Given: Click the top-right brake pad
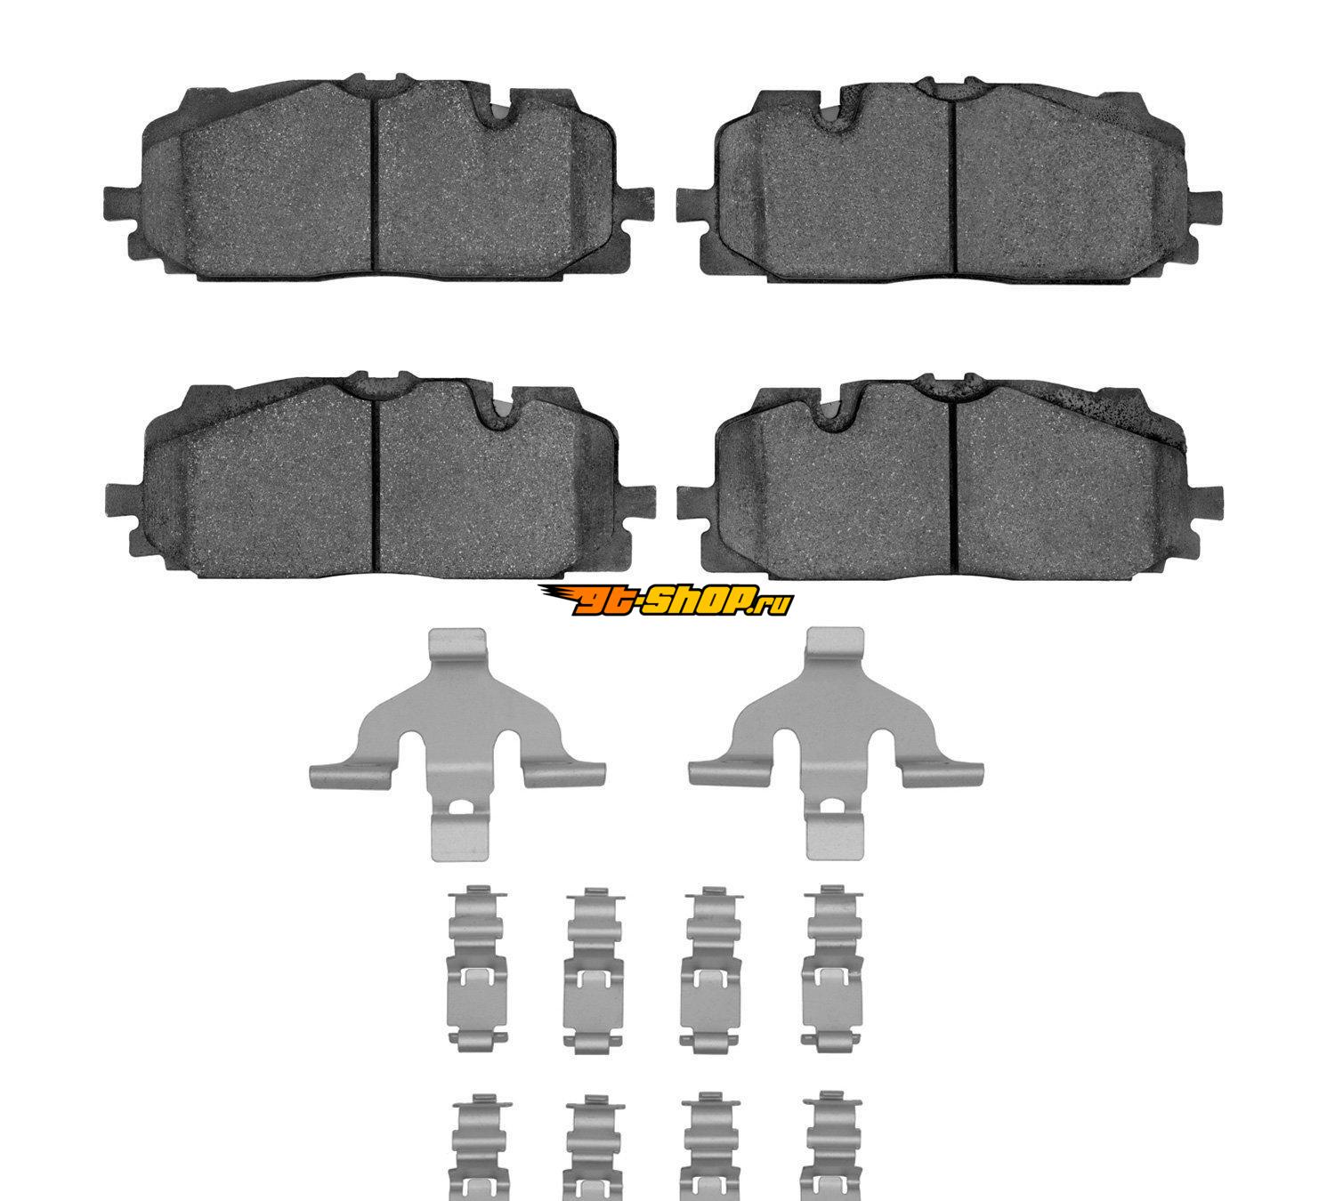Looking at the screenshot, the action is pos(949,181).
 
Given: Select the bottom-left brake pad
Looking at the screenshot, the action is pos(379,475).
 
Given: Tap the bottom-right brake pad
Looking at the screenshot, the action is pos(949,477).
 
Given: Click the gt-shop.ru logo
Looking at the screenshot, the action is pos(665,600).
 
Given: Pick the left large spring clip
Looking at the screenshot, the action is pos(457,742).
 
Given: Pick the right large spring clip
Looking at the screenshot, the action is pos(836,742).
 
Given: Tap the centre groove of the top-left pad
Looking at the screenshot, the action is pos(375,181).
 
